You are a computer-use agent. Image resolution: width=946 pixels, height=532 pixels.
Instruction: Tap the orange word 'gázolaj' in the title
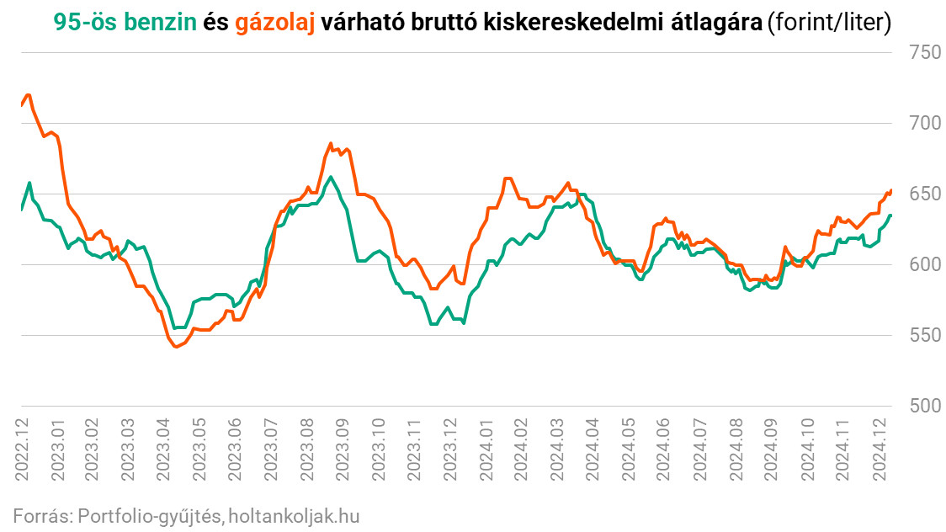pos(275,23)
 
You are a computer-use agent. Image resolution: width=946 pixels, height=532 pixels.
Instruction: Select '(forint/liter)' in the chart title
pos(828,23)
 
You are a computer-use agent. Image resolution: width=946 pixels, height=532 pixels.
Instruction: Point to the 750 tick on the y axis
pos(924,52)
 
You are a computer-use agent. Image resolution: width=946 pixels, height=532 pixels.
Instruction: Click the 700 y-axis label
pos(924,123)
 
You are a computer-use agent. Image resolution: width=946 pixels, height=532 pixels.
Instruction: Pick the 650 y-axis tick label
pos(924,194)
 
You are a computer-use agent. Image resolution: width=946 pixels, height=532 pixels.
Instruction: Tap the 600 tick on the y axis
pos(924,264)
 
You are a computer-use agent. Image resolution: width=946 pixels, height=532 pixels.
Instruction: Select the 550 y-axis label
pos(924,335)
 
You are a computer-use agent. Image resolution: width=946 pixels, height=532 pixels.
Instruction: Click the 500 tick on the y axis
pos(924,406)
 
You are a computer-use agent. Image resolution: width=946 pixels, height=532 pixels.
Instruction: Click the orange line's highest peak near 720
pos(29,94)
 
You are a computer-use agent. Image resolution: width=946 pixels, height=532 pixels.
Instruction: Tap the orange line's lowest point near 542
pos(175,346)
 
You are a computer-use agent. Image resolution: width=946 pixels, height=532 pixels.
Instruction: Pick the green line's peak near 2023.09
pos(331,177)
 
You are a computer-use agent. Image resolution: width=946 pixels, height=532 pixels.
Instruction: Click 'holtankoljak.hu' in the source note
pos(294,515)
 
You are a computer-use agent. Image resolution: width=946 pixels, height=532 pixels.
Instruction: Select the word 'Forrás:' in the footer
pos(41,515)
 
